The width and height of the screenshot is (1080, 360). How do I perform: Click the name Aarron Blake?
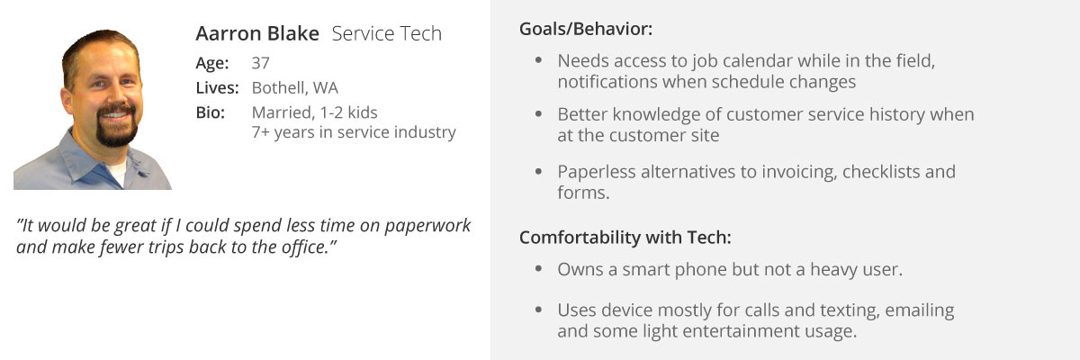point(257,33)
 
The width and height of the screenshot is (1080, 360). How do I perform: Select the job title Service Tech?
point(387,33)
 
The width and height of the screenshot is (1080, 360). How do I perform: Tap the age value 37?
point(260,63)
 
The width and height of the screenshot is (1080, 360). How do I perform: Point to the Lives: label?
point(217,87)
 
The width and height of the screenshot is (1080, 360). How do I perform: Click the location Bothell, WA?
point(294,87)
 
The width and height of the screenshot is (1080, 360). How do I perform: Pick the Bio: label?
point(211,112)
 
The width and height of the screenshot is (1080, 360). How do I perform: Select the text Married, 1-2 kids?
point(314,112)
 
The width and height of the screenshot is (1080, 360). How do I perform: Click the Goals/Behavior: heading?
point(586,30)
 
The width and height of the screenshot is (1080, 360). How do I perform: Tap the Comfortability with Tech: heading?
point(625,238)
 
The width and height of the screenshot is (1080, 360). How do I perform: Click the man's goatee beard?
point(116,126)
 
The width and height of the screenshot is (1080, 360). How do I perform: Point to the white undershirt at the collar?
point(116,171)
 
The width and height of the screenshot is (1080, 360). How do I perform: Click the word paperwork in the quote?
point(427,226)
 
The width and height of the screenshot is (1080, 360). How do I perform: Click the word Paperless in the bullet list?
point(597,172)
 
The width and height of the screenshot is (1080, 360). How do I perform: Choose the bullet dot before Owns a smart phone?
point(538,268)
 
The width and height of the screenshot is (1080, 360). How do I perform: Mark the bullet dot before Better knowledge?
point(538,113)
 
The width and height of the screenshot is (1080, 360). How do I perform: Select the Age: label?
point(212,63)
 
